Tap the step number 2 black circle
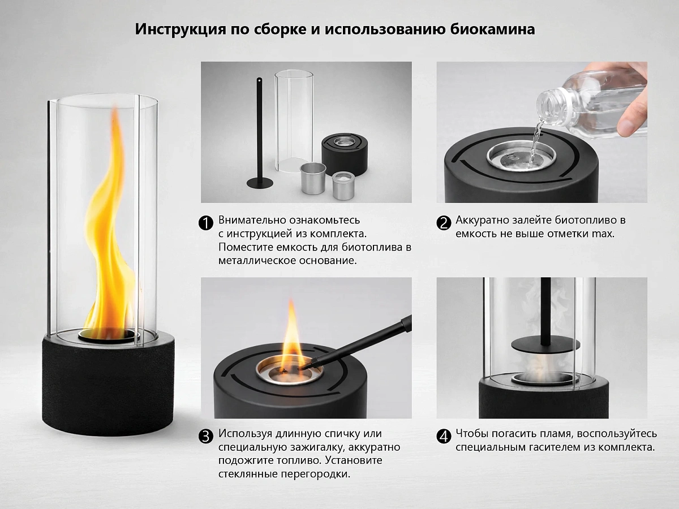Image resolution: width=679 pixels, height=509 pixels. pyautogui.click(x=444, y=223)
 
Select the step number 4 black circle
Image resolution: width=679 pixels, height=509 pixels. pyautogui.click(x=444, y=436)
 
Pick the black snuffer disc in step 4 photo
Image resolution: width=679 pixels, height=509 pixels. pyautogui.click(x=545, y=346)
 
